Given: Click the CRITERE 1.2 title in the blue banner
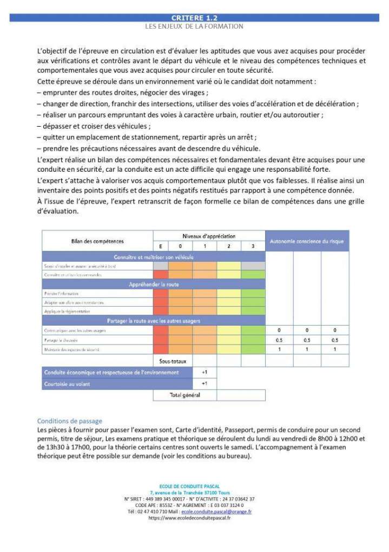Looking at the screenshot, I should [194, 18].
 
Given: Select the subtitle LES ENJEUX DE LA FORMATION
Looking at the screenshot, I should [194, 26].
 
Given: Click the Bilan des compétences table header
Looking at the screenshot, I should [97, 241].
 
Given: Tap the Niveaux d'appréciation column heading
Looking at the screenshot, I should [209, 236].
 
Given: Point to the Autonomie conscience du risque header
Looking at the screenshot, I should [307, 241].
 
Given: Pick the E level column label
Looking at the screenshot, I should [161, 246].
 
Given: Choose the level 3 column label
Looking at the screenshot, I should [253, 246].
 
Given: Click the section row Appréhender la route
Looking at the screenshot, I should [154, 284].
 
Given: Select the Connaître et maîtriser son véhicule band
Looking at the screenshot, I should [154, 256].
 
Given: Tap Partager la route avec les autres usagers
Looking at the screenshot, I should [154, 321].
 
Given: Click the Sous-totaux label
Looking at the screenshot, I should [173, 360].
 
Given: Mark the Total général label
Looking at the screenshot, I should [185, 395].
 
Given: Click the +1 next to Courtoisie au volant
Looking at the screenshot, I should [205, 384].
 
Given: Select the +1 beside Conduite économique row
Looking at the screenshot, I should [205, 372].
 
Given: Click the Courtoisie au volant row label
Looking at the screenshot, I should [68, 384].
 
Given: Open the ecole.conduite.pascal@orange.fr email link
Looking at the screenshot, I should [216, 511].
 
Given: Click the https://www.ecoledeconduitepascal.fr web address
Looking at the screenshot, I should [189, 518].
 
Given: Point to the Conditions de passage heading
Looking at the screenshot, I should [69, 420].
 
